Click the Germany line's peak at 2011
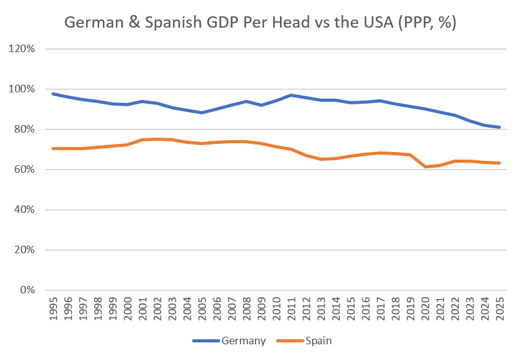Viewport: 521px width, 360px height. [291, 95]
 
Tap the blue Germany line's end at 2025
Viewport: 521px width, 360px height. [499, 127]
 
